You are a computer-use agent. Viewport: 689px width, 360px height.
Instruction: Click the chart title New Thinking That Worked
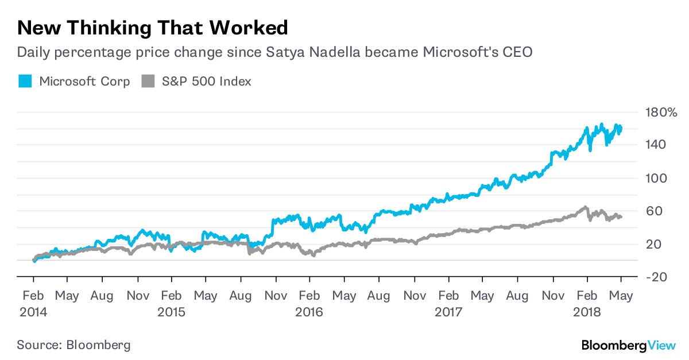(152, 28)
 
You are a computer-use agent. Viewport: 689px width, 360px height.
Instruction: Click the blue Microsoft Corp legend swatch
(25, 82)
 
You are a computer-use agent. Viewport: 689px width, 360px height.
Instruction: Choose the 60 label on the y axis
(653, 211)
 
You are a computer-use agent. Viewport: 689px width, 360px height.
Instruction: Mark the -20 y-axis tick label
(655, 277)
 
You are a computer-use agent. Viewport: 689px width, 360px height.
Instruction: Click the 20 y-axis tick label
(653, 244)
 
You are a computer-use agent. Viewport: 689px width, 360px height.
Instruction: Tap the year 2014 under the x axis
(33, 312)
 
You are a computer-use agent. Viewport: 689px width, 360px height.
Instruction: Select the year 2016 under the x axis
(309, 312)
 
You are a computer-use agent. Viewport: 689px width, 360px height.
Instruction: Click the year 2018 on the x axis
(586, 312)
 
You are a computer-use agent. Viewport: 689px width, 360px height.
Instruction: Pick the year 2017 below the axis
(448, 312)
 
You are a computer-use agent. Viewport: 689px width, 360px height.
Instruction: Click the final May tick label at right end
(621, 296)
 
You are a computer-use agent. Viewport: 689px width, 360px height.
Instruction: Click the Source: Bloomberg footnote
(73, 345)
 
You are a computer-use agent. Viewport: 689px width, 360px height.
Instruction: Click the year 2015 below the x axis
(171, 312)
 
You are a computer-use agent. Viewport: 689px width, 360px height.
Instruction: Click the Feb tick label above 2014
(33, 296)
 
